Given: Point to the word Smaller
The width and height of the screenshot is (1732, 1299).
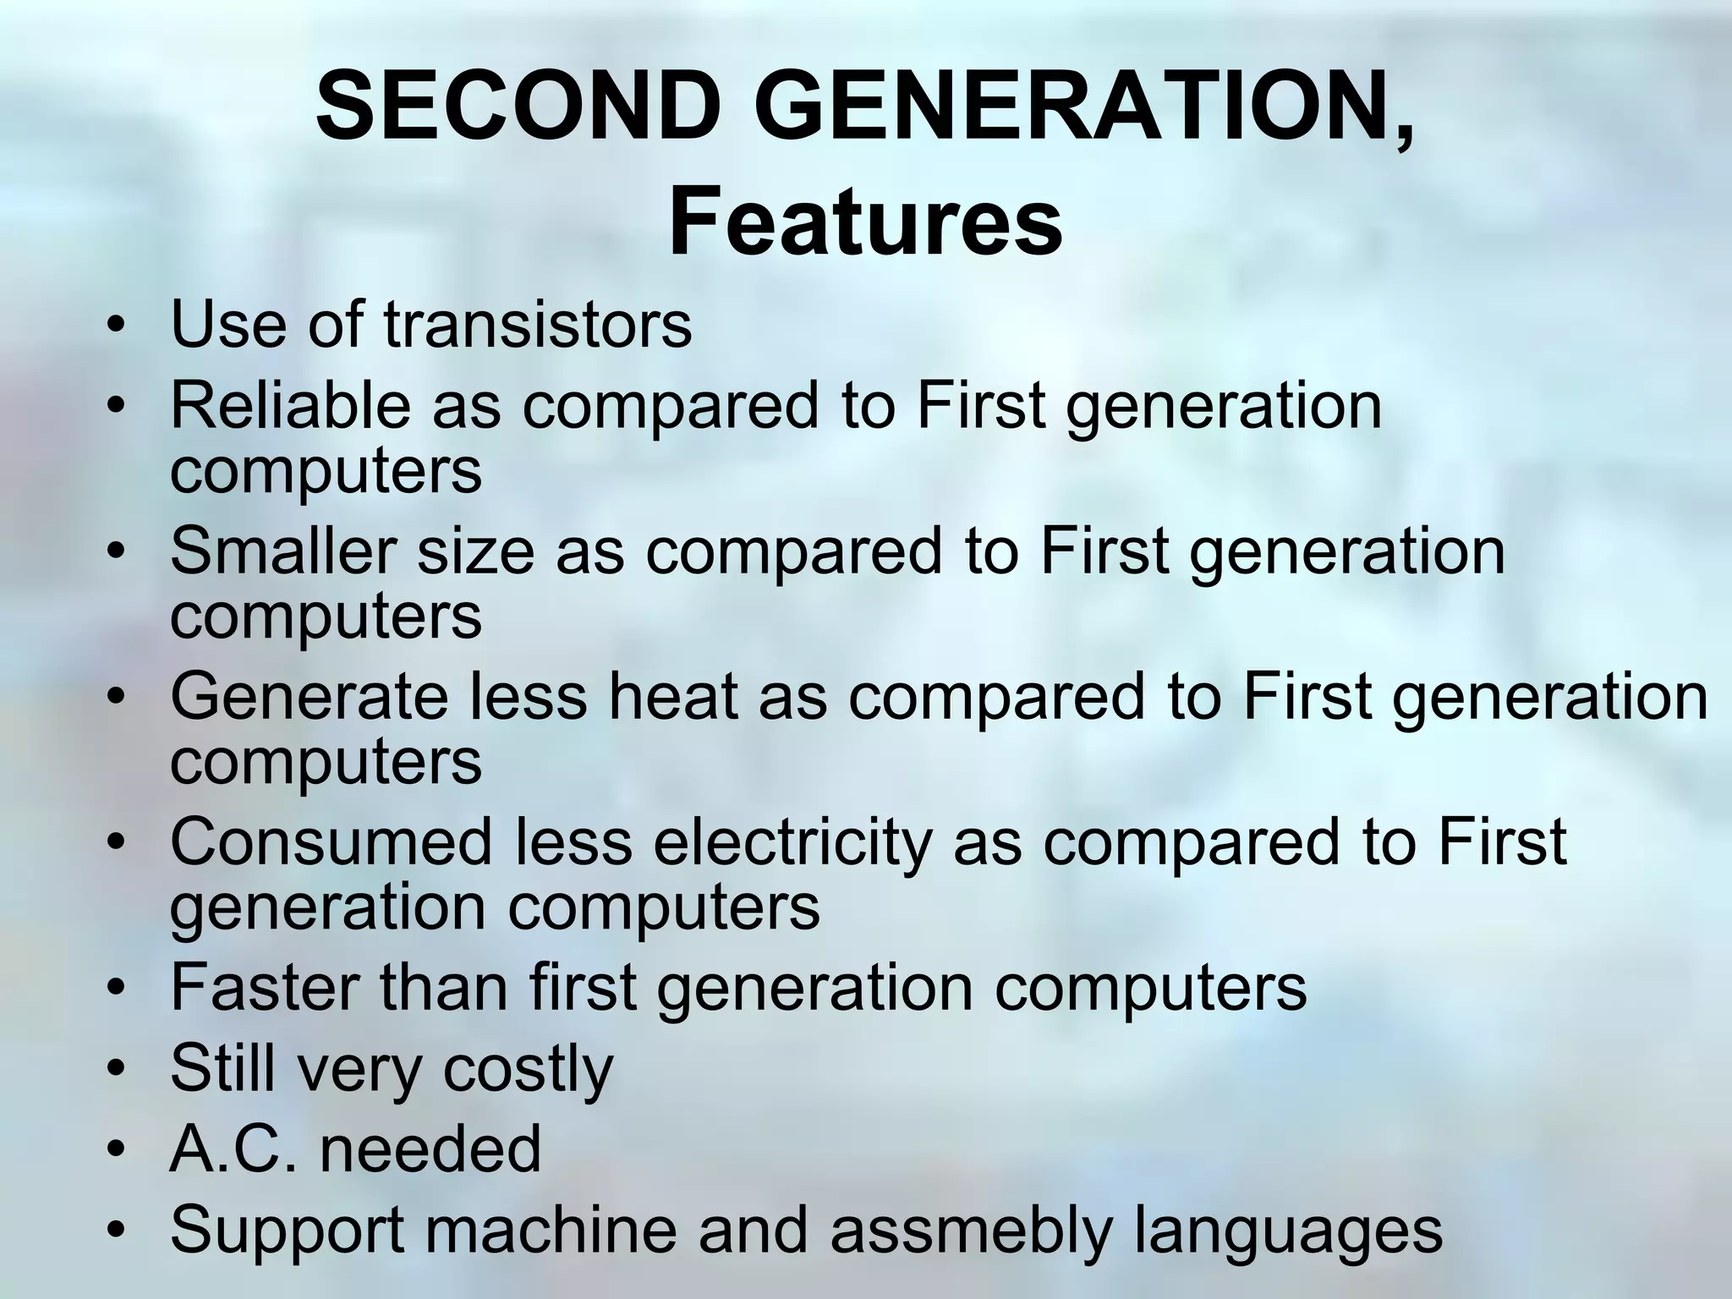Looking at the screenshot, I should (x=283, y=551).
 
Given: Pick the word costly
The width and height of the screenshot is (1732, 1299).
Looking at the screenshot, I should (x=528, y=1069).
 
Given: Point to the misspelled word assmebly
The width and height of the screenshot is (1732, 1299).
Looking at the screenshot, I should (x=970, y=1231).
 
